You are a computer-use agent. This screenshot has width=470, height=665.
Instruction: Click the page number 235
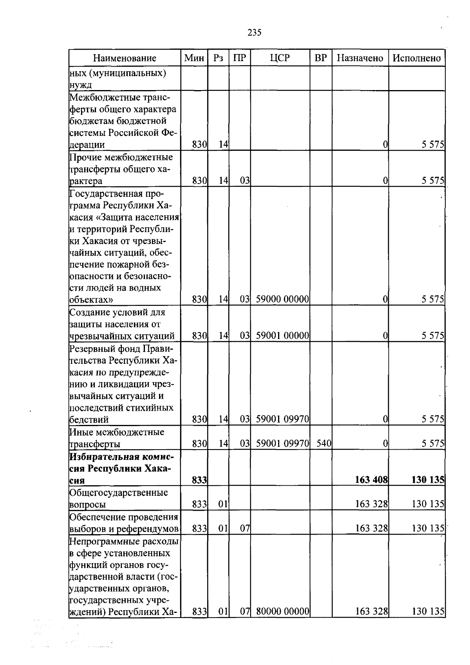[x=255, y=33]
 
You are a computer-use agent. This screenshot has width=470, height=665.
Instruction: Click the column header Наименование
[x=125, y=58]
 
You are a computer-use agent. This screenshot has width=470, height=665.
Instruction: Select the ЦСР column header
[x=280, y=58]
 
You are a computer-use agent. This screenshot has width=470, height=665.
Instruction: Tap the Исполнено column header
[x=417, y=58]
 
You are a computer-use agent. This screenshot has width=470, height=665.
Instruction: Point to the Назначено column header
[x=360, y=58]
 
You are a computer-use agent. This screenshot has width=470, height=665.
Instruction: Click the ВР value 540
[x=324, y=444]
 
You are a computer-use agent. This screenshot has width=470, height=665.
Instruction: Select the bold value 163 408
[x=371, y=480]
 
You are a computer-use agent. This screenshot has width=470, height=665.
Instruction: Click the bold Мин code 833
[x=199, y=480]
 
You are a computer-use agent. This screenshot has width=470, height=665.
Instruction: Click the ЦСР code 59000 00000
[x=282, y=300]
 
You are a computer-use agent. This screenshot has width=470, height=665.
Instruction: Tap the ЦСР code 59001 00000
[x=282, y=336]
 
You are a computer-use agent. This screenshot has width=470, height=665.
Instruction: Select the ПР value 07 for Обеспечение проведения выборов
[x=245, y=529]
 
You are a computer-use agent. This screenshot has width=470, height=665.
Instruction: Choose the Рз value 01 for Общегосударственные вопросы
[x=223, y=504]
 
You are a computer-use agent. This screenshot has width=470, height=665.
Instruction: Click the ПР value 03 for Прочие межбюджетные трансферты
[x=245, y=181]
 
